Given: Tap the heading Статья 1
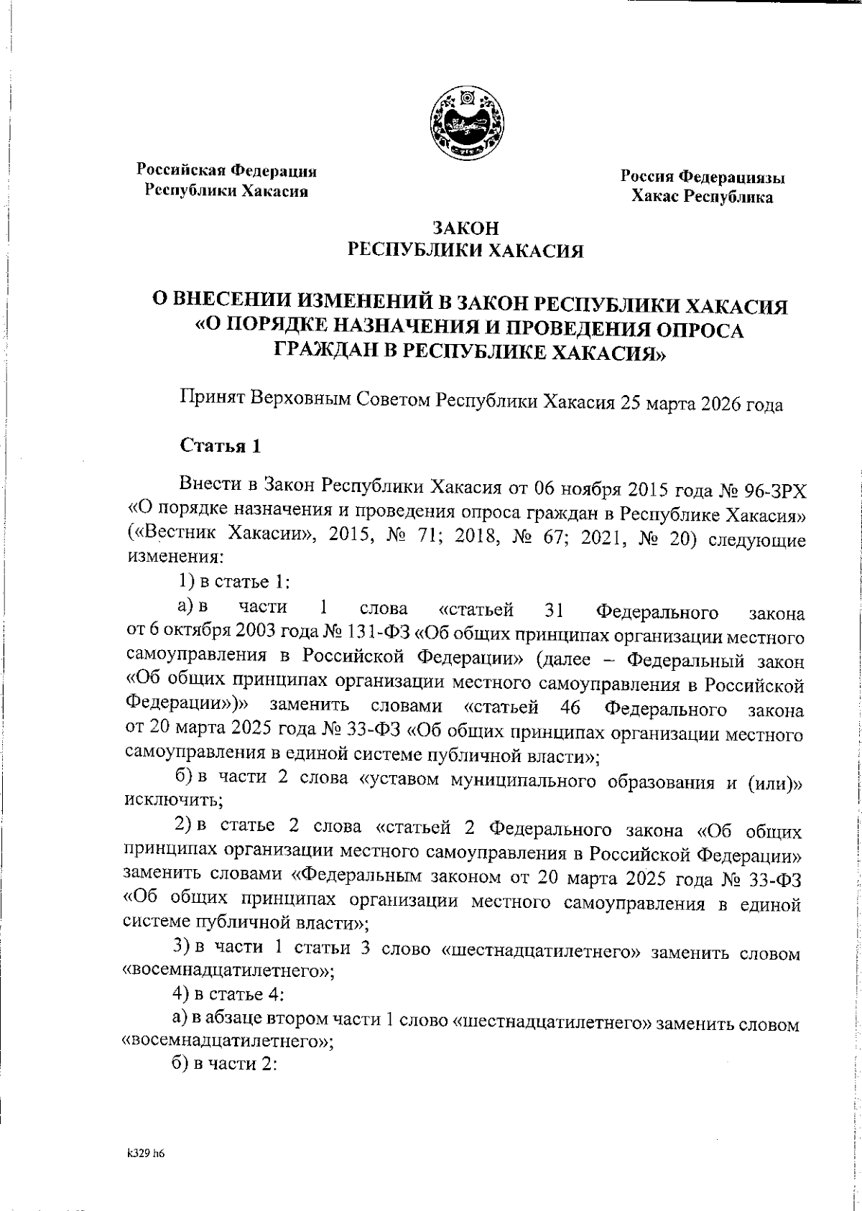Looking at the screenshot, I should coord(219,445).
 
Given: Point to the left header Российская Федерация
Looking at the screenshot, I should coord(227,171).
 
